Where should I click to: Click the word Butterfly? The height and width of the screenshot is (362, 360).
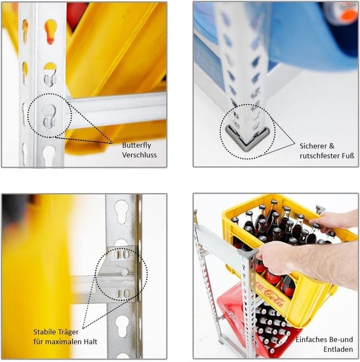[x=137, y=145]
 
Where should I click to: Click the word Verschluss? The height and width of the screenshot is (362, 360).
[x=139, y=155]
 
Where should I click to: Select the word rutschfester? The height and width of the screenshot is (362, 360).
[x=320, y=156]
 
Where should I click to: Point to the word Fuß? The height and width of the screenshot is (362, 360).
[x=348, y=156]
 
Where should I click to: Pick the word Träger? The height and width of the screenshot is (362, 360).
[x=69, y=332]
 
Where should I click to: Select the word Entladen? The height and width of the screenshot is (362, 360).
[x=338, y=349]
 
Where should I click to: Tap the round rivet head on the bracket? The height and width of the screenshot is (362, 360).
[x=125, y=272]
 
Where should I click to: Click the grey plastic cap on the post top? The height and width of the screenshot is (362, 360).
[x=247, y=253]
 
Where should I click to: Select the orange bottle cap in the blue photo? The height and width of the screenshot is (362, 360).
[x=349, y=14]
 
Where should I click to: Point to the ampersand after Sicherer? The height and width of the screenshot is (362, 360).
[x=331, y=146]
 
